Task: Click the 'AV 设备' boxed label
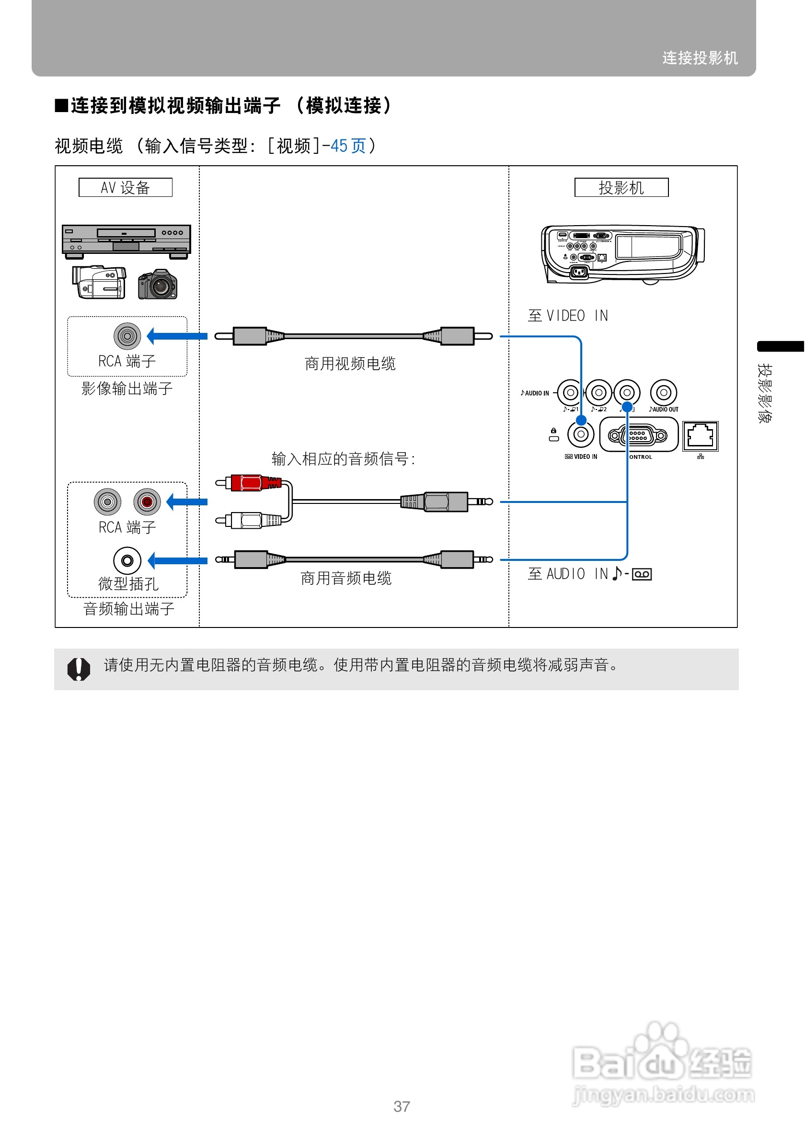point(125,188)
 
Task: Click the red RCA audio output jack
point(147,502)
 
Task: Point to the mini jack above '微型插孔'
point(127,560)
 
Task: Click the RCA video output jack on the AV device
point(127,336)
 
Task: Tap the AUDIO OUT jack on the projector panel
point(664,393)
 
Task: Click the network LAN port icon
point(700,436)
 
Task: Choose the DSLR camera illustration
point(158,285)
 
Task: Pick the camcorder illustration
point(99,282)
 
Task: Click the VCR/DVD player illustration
point(126,241)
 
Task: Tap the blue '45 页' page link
point(347,146)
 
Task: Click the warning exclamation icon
point(79,669)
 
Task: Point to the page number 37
point(402,1106)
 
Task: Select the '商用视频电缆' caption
point(350,364)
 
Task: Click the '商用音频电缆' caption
point(346,579)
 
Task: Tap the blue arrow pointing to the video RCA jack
point(177,336)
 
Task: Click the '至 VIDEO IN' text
point(568,316)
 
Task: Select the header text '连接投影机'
point(700,58)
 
